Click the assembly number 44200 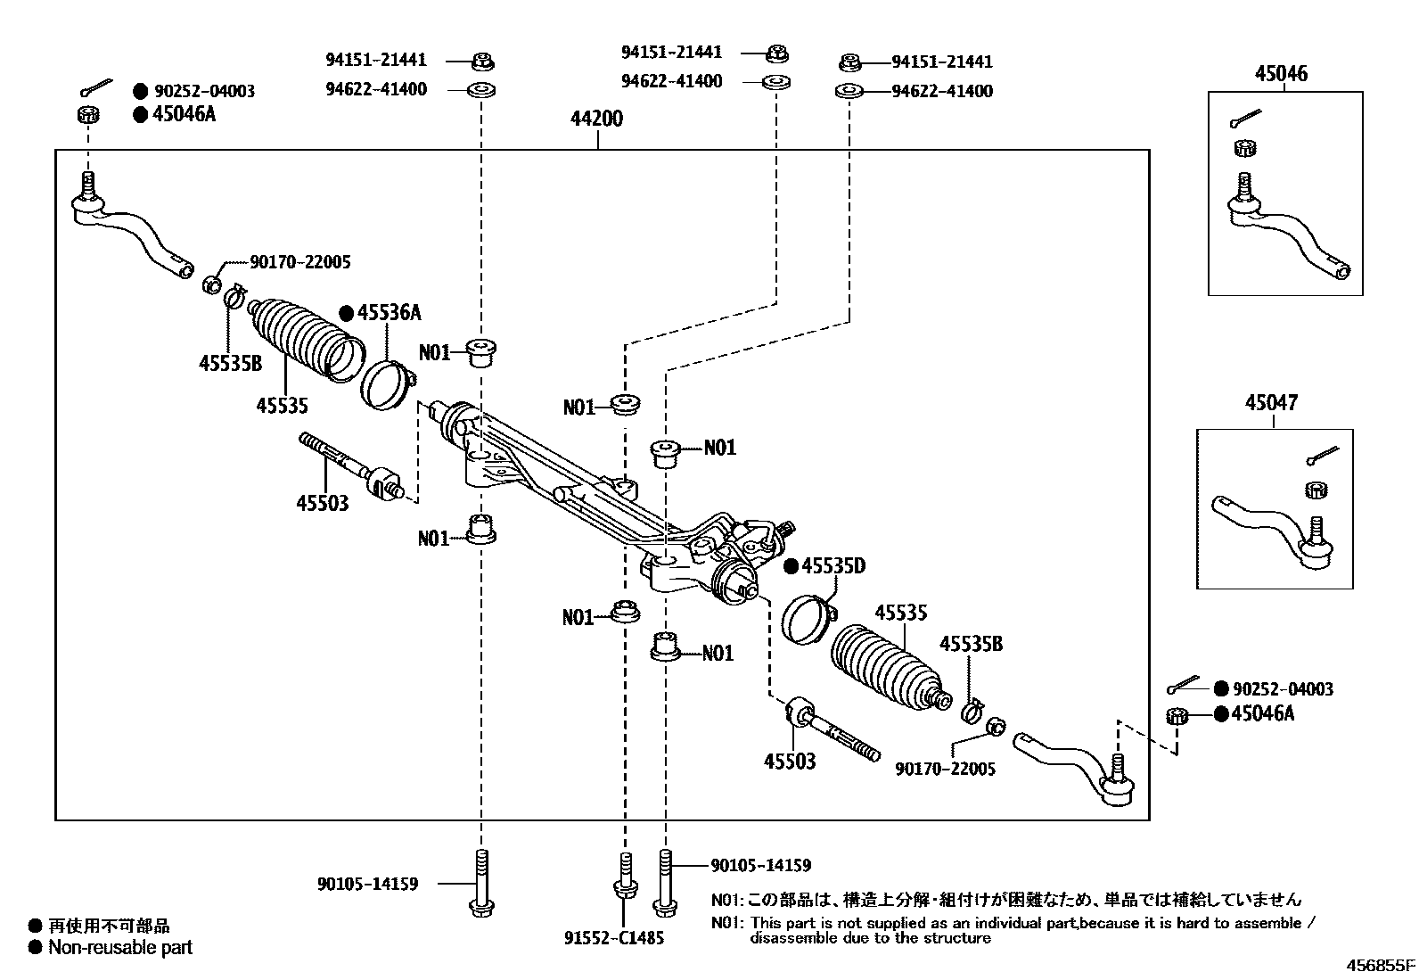[x=597, y=119]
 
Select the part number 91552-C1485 [x=614, y=937]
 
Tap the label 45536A [x=389, y=313]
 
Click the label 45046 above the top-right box [x=1282, y=74]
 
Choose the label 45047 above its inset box [x=1271, y=403]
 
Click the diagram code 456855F [x=1381, y=965]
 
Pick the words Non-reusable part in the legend [x=120, y=947]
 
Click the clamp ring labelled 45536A [x=387, y=383]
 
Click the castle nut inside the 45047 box [x=1316, y=489]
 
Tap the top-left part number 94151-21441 [x=375, y=61]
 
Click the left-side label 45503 [x=323, y=504]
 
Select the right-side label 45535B [x=971, y=644]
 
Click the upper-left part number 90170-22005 [x=300, y=262]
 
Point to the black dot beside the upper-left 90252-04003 [x=140, y=91]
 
